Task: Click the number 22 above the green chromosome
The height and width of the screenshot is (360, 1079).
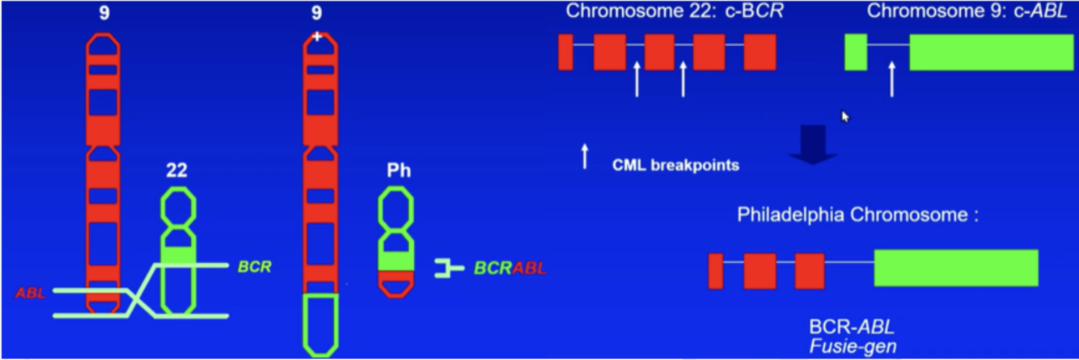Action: click(178, 172)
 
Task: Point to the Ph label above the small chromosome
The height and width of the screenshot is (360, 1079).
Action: click(396, 172)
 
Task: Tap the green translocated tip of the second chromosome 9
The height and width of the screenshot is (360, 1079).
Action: click(319, 324)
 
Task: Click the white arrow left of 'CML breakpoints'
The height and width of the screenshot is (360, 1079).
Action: click(585, 156)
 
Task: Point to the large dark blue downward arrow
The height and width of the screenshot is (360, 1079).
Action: click(813, 144)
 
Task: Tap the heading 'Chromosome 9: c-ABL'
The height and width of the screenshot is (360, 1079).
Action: click(967, 12)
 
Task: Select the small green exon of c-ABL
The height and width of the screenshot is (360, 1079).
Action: click(856, 52)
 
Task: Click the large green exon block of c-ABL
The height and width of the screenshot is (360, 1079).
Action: click(991, 52)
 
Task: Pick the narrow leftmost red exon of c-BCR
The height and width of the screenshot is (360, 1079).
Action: click(565, 52)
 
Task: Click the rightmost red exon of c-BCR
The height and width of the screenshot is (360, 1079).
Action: click(760, 52)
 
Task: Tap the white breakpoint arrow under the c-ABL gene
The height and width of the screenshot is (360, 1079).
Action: click(891, 80)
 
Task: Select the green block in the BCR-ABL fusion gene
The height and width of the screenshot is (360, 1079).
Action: click(955, 268)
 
